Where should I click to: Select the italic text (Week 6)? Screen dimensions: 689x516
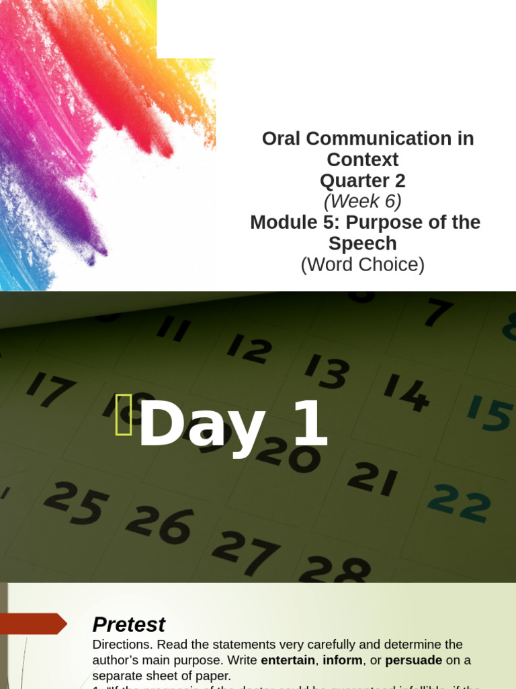pyautogui.click(x=363, y=202)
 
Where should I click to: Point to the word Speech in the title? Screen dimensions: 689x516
pyautogui.click(x=363, y=244)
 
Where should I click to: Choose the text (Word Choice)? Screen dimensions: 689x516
pyautogui.click(x=363, y=265)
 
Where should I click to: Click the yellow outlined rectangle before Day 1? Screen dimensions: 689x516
pyautogui.click(x=124, y=415)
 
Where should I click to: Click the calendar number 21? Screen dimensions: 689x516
pyautogui.click(x=372, y=480)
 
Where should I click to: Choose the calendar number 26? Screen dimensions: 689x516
pyautogui.click(x=159, y=524)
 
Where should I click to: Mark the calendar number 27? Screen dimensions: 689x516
pyautogui.click(x=245, y=553)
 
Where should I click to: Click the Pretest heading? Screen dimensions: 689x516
pyautogui.click(x=128, y=624)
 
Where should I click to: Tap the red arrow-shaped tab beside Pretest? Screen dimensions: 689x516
pyautogui.click(x=33, y=624)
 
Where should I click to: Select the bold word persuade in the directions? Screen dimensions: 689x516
pyautogui.click(x=413, y=660)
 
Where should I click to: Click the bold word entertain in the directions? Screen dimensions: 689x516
pyautogui.click(x=288, y=660)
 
